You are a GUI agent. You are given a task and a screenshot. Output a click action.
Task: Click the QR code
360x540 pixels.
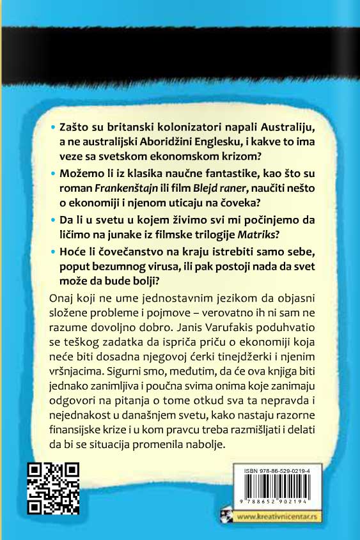tap(54, 488)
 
